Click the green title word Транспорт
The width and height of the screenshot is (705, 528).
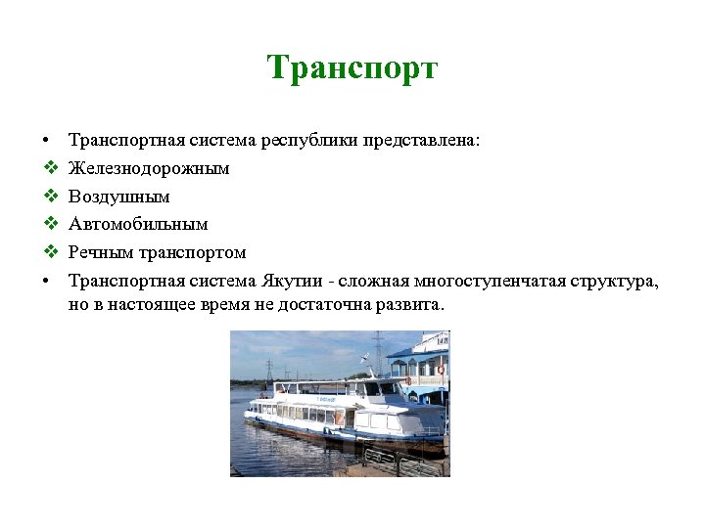[352, 68]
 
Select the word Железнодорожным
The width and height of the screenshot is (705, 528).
[149, 168]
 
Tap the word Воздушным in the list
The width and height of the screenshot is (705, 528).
[118, 197]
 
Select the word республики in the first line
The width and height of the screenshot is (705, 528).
[310, 140]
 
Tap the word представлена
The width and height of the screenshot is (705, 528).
[419, 140]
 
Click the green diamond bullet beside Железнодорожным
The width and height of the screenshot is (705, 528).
[47, 168]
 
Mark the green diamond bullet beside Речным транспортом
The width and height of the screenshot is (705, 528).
[47, 253]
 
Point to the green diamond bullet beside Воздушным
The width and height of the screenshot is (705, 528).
[47, 197]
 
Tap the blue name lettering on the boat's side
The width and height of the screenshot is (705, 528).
[326, 399]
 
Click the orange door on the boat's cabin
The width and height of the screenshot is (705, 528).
[340, 417]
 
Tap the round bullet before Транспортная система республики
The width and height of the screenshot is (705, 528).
[47, 140]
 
